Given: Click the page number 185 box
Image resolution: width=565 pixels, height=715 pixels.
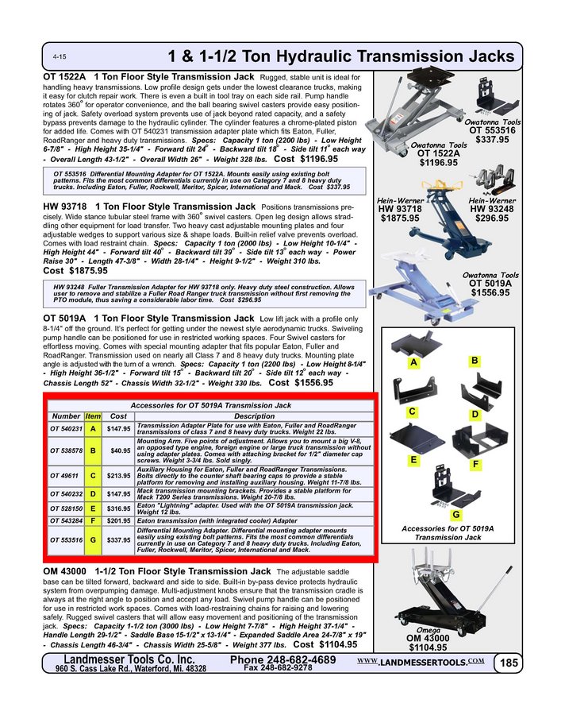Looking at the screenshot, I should point(506,663).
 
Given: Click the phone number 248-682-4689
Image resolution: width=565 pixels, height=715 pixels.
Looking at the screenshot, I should point(282,660).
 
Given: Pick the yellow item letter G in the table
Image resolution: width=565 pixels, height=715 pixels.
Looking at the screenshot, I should point(93,539).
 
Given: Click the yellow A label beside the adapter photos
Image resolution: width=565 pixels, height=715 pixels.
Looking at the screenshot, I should point(414,363).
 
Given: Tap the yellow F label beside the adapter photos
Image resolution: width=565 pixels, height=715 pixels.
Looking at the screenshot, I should point(475,463).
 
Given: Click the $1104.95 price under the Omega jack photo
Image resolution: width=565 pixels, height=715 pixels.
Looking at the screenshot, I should point(428,647).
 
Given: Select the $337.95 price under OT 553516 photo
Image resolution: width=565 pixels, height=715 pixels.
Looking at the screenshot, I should point(492,140).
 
